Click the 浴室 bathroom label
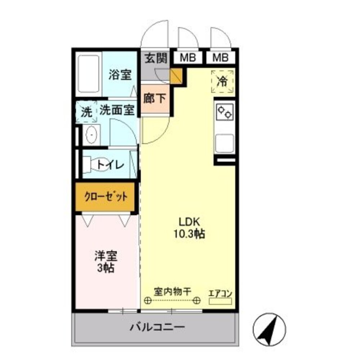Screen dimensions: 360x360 coord(120,75)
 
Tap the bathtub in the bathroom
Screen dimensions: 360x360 coord(88,75)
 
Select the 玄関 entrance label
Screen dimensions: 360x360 coord(156,58)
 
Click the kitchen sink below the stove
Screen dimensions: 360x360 coord(224,143)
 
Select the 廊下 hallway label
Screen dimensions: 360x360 coord(155,98)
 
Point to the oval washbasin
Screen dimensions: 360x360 coord(92,135)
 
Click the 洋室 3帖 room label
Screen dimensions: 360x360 coord(106,262)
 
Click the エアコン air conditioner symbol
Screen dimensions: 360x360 coord(220,301)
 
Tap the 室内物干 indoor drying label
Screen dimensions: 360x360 coord(172,291)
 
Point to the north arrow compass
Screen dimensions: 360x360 coord(269,328)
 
